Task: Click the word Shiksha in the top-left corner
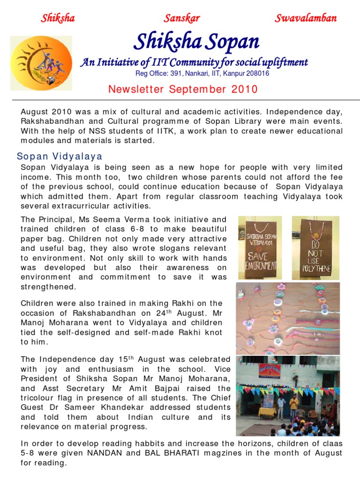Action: click(x=58, y=18)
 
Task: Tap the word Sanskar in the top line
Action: click(x=182, y=18)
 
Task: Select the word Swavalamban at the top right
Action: click(x=306, y=18)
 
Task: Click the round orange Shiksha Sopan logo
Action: click(x=42, y=63)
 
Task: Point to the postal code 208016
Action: click(x=256, y=74)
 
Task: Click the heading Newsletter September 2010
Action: click(x=183, y=89)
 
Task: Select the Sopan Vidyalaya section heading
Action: click(x=60, y=156)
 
